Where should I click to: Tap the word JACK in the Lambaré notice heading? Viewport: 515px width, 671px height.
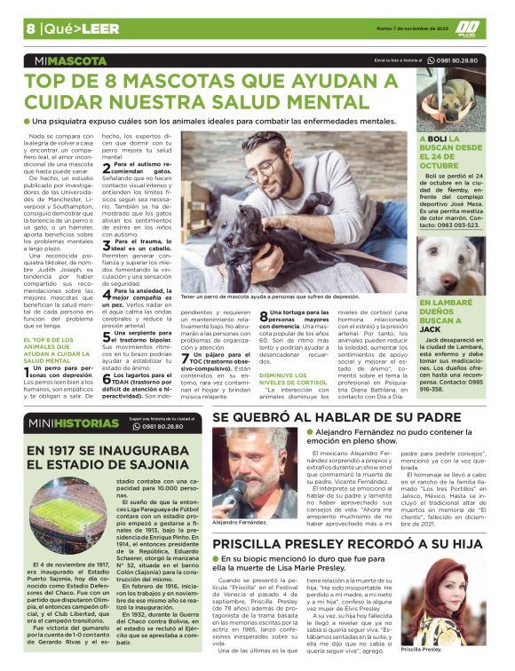point(431,328)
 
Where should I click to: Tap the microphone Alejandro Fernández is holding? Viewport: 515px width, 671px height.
point(238,487)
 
